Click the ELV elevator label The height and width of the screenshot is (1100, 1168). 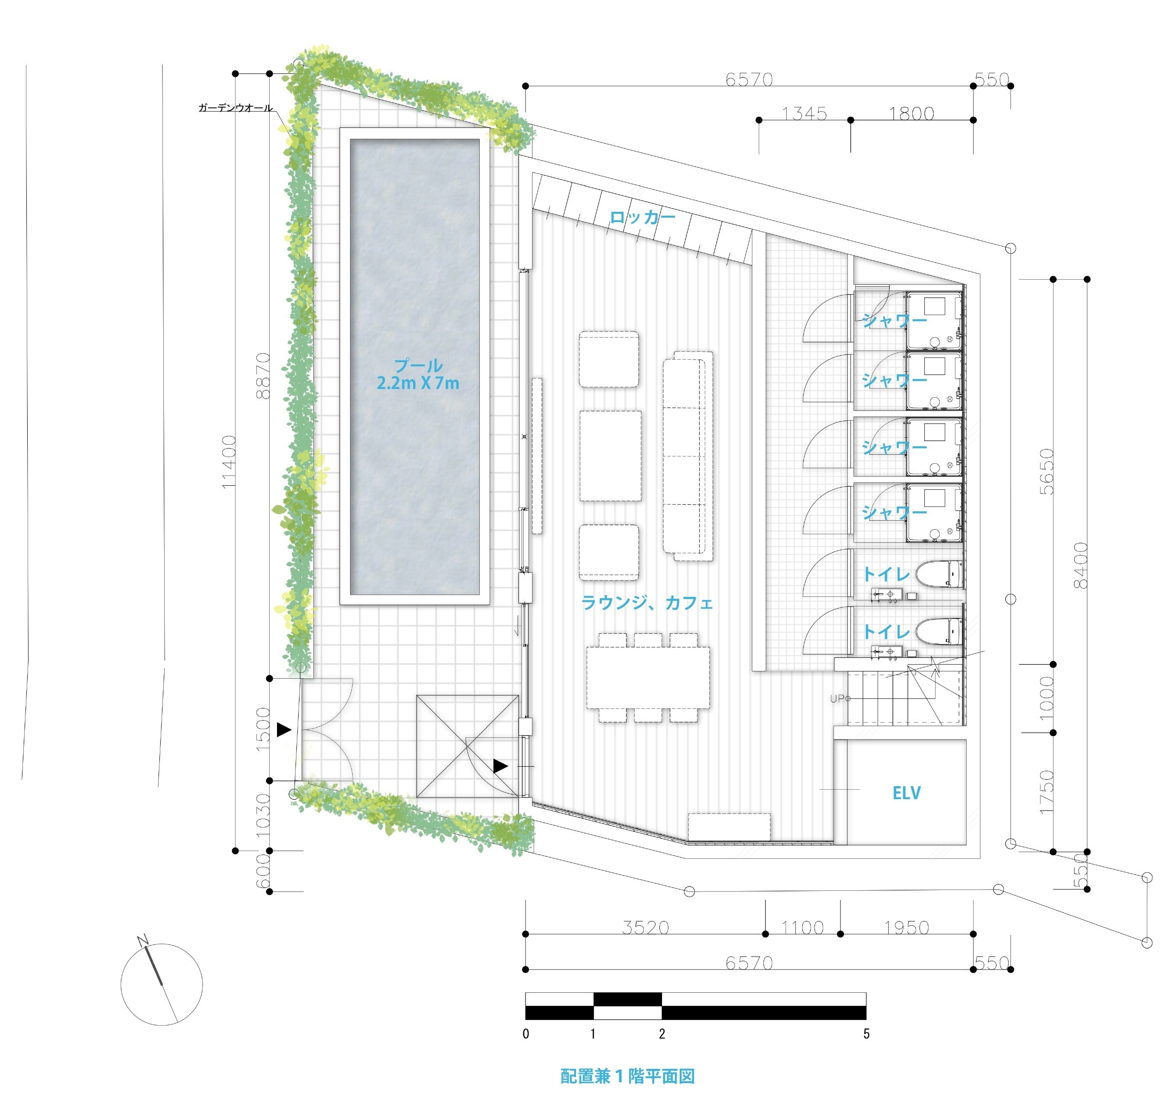click(907, 793)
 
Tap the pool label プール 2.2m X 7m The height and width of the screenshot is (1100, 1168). click(418, 374)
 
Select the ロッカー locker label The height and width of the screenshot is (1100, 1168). click(643, 217)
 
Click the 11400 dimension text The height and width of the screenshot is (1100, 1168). click(229, 462)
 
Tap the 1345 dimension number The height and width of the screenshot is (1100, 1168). click(804, 113)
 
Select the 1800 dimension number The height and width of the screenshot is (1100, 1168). click(911, 113)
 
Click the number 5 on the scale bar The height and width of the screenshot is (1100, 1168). click(866, 1033)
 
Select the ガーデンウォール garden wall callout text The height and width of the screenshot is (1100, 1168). click(236, 108)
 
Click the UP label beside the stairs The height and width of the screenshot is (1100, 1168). click(839, 698)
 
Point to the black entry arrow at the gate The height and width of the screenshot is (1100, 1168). click(284, 730)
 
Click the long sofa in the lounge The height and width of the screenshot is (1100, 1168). click(688, 456)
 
